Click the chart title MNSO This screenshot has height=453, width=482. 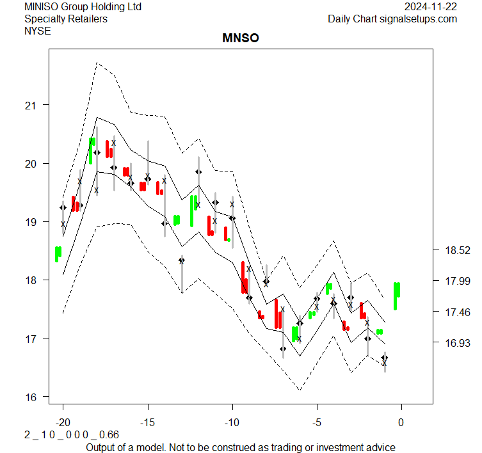pos(241,38)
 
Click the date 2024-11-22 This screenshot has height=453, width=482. pos(431,7)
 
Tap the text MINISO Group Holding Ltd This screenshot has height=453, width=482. pos(83,7)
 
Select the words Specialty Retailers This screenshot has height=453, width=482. pos(66,19)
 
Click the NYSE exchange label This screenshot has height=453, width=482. pos(36,30)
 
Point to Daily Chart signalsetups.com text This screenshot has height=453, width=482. pos(392,19)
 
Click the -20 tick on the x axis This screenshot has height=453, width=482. pos(63,422)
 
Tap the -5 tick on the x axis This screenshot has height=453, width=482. pos(317,422)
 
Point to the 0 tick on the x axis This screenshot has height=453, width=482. pos(401,422)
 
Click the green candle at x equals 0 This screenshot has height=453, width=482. pos(397,296)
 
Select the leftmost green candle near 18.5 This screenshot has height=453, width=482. pos(58,254)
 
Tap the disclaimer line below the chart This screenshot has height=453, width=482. pos(241,447)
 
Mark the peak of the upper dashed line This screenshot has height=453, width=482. pos(97,63)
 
